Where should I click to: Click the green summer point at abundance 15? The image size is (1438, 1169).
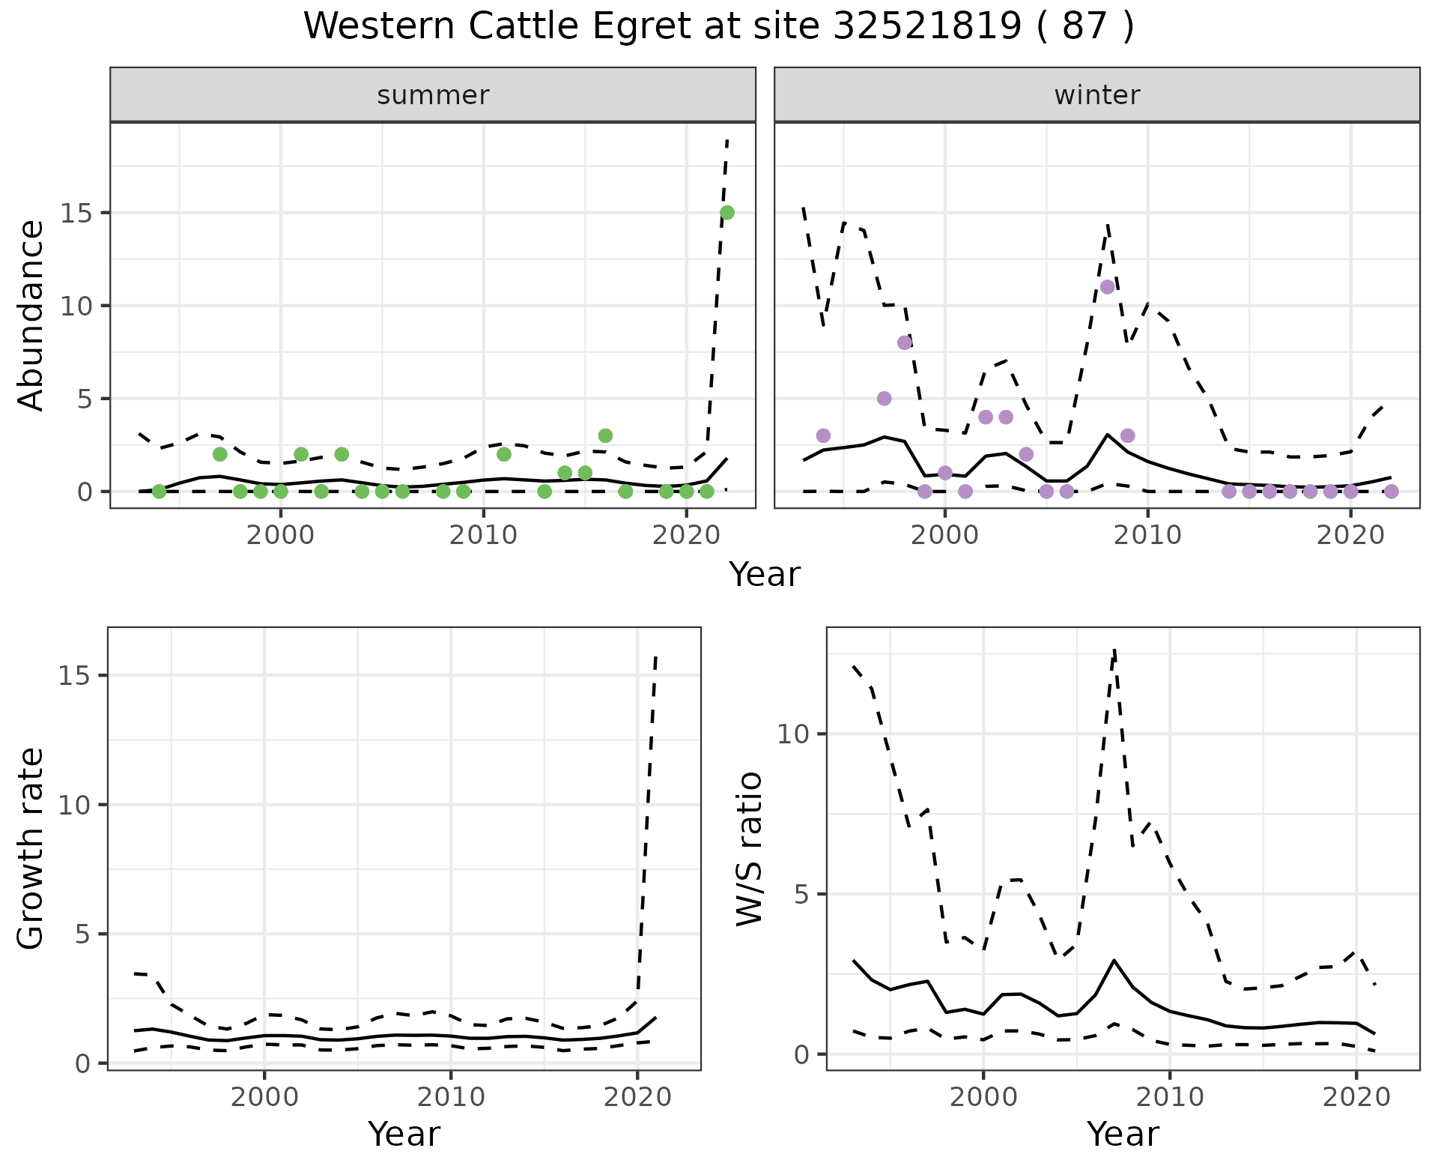tap(726, 213)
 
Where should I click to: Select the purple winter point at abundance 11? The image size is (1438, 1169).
tap(1108, 287)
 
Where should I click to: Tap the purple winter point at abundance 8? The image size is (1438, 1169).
tap(905, 342)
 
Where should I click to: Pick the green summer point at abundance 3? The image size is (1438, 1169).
tap(605, 435)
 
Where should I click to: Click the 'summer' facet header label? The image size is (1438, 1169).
tap(433, 95)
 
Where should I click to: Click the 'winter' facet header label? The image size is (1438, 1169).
tap(1096, 95)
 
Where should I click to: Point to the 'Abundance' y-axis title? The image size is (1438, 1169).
tap(31, 315)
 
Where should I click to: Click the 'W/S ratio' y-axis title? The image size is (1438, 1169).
tap(750, 848)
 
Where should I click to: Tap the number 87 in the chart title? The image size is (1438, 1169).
tap(1084, 27)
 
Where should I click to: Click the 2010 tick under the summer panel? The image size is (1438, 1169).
tap(483, 535)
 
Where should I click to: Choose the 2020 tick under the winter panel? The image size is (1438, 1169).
tap(1350, 535)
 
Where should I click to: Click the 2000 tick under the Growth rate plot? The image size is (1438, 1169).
tap(264, 1098)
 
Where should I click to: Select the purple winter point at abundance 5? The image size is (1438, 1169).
tap(884, 399)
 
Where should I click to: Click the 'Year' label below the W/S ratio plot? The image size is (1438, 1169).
tap(1122, 1135)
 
